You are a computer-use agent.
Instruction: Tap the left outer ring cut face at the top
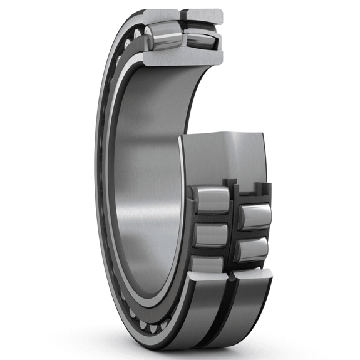[162, 15]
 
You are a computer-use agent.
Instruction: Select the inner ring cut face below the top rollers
[182, 58]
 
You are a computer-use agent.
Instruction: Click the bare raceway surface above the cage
[225, 157]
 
